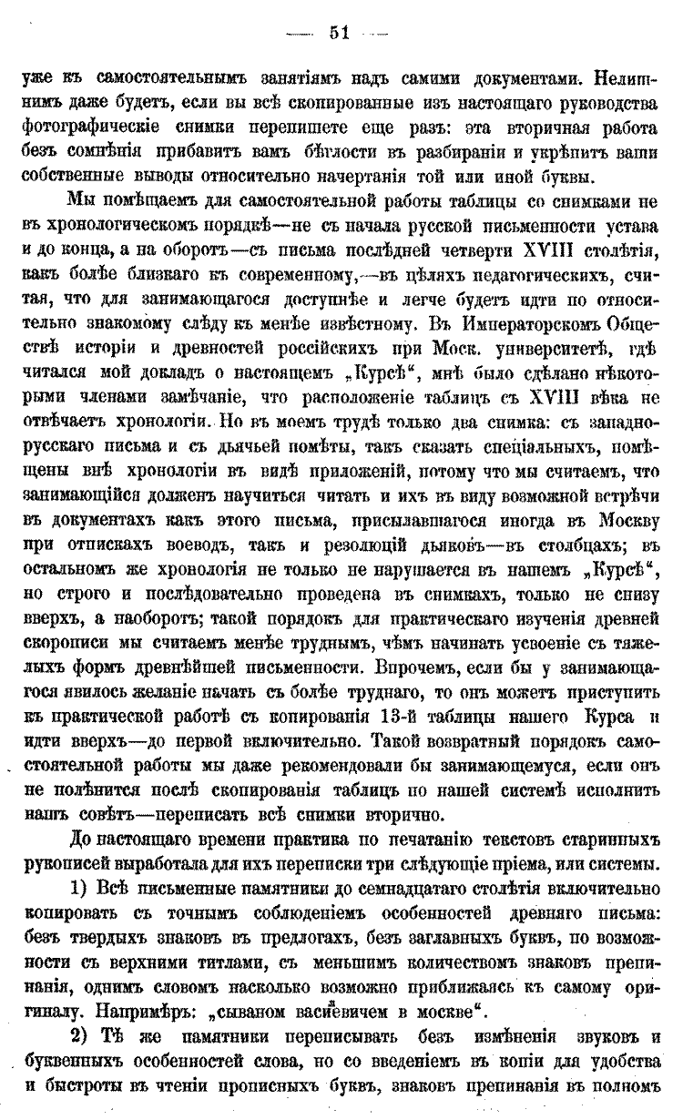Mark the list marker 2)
click(x=81, y=1038)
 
